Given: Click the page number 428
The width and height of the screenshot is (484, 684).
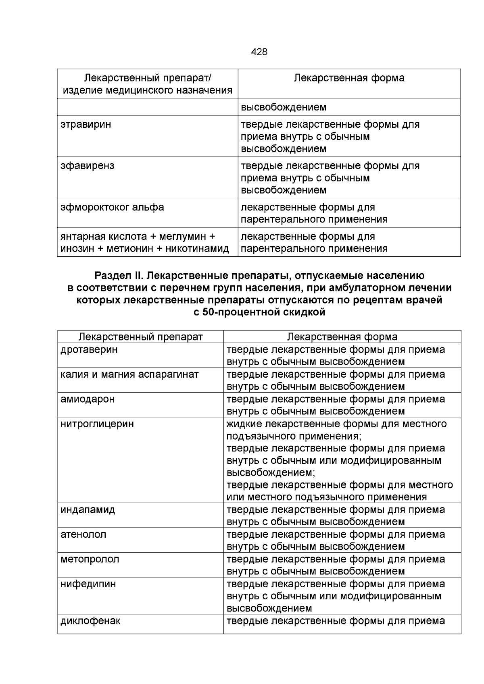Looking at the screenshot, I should click(259, 52).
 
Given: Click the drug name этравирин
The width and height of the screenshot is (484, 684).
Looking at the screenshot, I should click(86, 125).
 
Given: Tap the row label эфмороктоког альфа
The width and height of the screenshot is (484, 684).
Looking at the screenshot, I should click(112, 208).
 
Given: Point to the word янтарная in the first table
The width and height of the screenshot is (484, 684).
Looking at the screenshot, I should click(82, 237).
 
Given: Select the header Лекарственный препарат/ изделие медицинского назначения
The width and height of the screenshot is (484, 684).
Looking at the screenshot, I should click(147, 84).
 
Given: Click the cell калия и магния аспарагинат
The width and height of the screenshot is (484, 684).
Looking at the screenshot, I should click(129, 374).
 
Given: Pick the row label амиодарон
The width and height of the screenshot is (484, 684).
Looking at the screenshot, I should click(87, 399).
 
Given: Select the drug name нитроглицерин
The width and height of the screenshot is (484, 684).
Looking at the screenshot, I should click(97, 424).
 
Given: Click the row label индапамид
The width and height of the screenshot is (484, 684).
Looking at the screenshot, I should click(88, 510).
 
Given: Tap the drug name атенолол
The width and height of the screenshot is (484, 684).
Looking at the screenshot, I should click(83, 534).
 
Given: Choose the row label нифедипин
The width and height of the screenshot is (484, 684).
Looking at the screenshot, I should click(88, 584).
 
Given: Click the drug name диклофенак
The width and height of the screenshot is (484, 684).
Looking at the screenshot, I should click(90, 621).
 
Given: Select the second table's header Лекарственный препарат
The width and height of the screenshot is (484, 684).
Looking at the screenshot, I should click(140, 337).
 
